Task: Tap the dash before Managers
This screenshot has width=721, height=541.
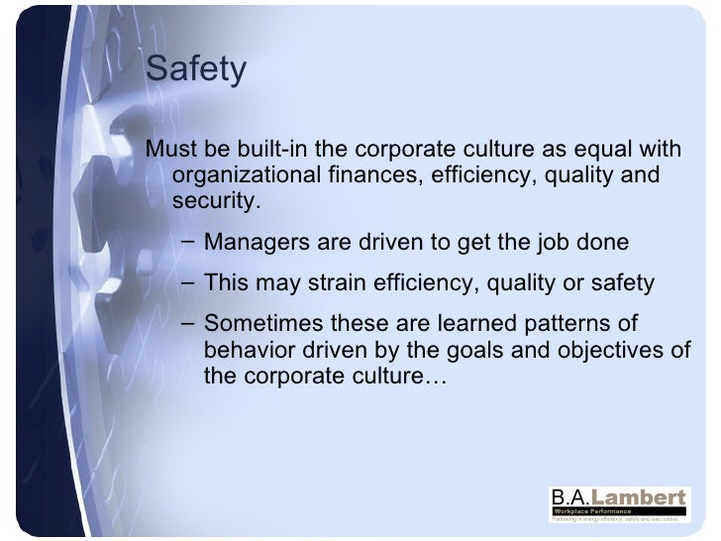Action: click(x=188, y=243)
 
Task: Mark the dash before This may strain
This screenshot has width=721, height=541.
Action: click(x=188, y=284)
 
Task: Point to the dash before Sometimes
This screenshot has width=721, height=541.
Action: click(x=188, y=325)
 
